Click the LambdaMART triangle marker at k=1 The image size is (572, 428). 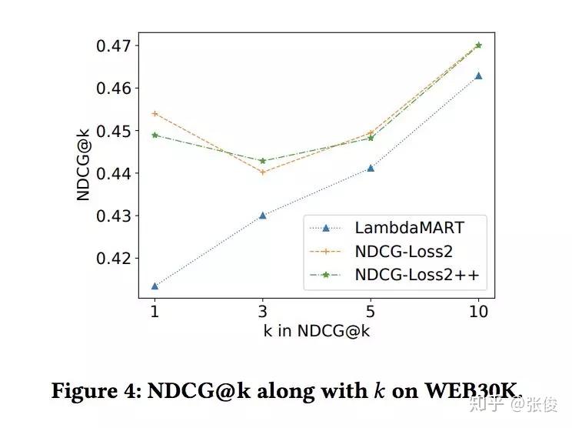pyautogui.click(x=155, y=286)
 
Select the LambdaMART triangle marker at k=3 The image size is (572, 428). pyautogui.click(x=262, y=216)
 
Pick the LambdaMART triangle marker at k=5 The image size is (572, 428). pyautogui.click(x=371, y=168)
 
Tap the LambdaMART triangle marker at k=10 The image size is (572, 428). pyautogui.click(x=478, y=76)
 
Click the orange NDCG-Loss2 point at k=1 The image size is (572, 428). pyautogui.click(x=155, y=113)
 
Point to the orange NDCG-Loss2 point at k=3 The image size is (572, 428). pyautogui.click(x=262, y=172)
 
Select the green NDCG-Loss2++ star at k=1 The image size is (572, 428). pyautogui.click(x=155, y=135)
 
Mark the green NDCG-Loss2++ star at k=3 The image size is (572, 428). pyautogui.click(x=262, y=160)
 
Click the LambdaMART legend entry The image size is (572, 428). pyautogui.click(x=398, y=227)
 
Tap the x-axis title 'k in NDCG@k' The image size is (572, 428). pyautogui.click(x=317, y=333)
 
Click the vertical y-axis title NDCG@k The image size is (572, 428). pyautogui.click(x=84, y=165)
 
